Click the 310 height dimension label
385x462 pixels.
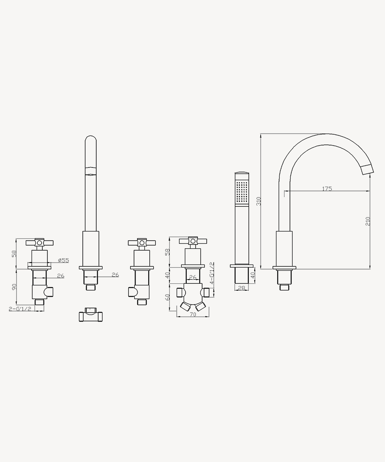259,201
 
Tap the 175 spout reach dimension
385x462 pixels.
327,189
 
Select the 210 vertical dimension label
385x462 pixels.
368,221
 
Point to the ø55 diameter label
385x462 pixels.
64,260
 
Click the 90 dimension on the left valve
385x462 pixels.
14,287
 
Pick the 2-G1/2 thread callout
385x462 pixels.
20,309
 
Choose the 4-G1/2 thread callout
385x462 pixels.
212,273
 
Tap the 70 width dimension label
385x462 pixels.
193,314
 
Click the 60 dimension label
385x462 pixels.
168,297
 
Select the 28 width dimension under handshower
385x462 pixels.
242,288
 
